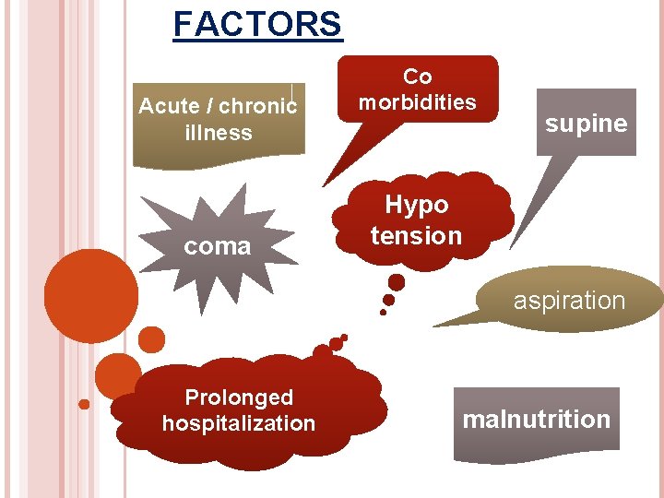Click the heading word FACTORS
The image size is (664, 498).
click(257, 24)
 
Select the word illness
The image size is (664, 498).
click(219, 133)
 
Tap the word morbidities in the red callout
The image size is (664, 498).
click(418, 101)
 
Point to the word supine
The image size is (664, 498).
click(586, 124)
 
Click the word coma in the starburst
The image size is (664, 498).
click(217, 246)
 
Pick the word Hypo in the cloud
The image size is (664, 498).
click(417, 205)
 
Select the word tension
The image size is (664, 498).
click(416, 236)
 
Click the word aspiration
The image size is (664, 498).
click(569, 301)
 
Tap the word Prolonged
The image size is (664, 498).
click(239, 397)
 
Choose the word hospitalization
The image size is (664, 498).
click(239, 423)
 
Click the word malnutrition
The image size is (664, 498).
click(536, 420)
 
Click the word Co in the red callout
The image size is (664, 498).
click(418, 77)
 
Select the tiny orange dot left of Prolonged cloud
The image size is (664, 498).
click(84, 404)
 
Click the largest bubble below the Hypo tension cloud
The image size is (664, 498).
click(397, 282)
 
